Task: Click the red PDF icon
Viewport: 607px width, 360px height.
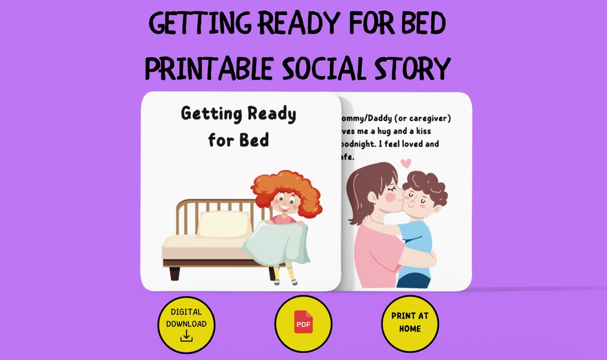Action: click(303, 325)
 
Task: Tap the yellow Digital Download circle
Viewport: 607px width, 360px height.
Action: click(186, 325)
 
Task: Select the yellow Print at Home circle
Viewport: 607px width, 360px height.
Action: click(410, 325)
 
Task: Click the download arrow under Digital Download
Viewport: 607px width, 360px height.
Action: click(186, 336)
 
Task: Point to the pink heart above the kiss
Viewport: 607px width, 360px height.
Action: click(406, 164)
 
